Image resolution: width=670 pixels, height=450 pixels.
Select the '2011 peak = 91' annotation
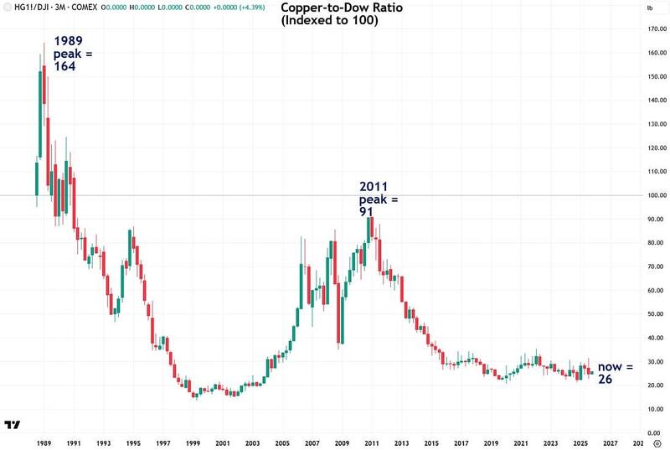tap(379, 199)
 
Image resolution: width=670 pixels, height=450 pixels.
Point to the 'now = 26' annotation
tap(616, 375)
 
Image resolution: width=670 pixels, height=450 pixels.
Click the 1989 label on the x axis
tap(46, 442)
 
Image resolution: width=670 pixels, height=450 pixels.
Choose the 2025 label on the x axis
tap(579, 442)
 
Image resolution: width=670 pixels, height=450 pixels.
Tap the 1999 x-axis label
tap(192, 442)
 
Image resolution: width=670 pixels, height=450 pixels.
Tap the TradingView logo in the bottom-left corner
tap(13, 427)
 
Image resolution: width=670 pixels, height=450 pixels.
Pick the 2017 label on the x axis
tap(461, 442)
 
